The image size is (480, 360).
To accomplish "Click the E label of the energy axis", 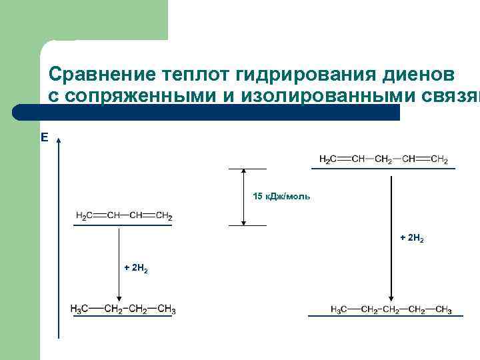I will [x=45, y=137].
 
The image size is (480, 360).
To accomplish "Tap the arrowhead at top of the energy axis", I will [x=59, y=141].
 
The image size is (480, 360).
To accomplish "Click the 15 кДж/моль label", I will [x=281, y=197].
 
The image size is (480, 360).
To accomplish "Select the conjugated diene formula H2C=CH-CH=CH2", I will [x=124, y=216].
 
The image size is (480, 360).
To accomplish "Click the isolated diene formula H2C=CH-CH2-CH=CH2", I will [x=383, y=159].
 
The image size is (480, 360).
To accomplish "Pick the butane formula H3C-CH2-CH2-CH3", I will [x=123, y=309].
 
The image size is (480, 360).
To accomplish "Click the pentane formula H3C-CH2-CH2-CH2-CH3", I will [x=391, y=310].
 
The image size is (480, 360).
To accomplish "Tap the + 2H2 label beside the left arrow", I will [x=136, y=268].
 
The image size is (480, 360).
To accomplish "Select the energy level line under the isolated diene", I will [x=383, y=169].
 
